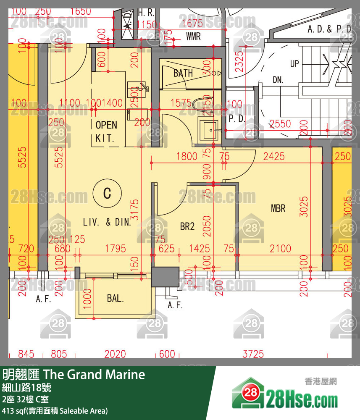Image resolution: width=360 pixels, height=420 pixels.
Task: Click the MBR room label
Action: [x=278, y=208]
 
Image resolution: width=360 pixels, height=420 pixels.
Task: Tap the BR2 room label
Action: [x=187, y=227]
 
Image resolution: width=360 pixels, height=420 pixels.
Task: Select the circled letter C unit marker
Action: [x=107, y=193]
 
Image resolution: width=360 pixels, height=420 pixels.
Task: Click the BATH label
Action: [x=183, y=73]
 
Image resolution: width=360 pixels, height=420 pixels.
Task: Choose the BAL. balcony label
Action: [x=115, y=299]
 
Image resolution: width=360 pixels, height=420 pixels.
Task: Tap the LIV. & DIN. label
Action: [x=107, y=222]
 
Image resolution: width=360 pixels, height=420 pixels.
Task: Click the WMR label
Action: [x=193, y=37]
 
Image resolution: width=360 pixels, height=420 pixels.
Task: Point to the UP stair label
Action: [x=294, y=64]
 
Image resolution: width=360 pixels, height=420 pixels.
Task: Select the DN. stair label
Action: [x=278, y=80]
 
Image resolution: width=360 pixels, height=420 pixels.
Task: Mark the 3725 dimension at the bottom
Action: [x=253, y=354]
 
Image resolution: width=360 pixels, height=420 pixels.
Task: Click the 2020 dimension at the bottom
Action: [x=115, y=354]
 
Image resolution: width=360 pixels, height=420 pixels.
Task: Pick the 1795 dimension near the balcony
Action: [x=115, y=249]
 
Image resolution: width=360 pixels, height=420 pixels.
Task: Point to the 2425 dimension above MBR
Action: [x=273, y=157]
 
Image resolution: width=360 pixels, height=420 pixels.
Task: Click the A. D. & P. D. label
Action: [x=329, y=29]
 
